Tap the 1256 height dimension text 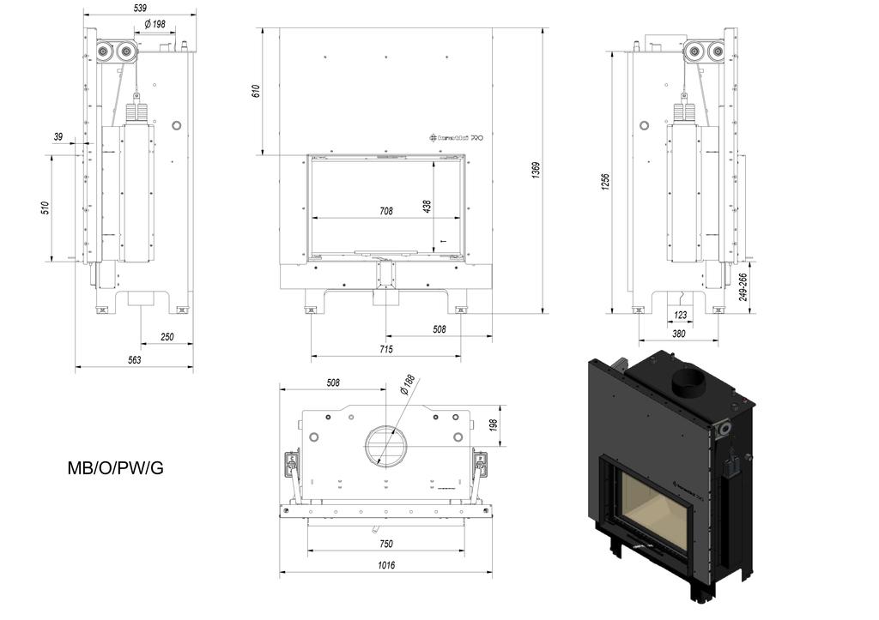[605, 181]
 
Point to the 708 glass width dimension [385, 211]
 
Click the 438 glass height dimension [427, 206]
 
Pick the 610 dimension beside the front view [255, 92]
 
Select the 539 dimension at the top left [140, 9]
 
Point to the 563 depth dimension [135, 360]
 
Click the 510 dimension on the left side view [45, 208]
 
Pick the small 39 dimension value [58, 136]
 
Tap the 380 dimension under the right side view [678, 334]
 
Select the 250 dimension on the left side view [167, 337]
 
